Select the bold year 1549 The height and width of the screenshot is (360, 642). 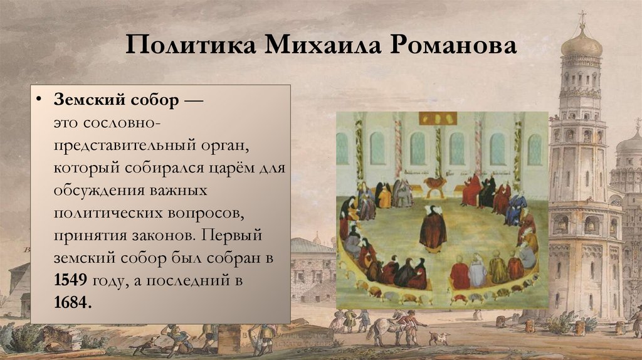(71, 280)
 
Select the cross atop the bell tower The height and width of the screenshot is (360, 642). (582, 16)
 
